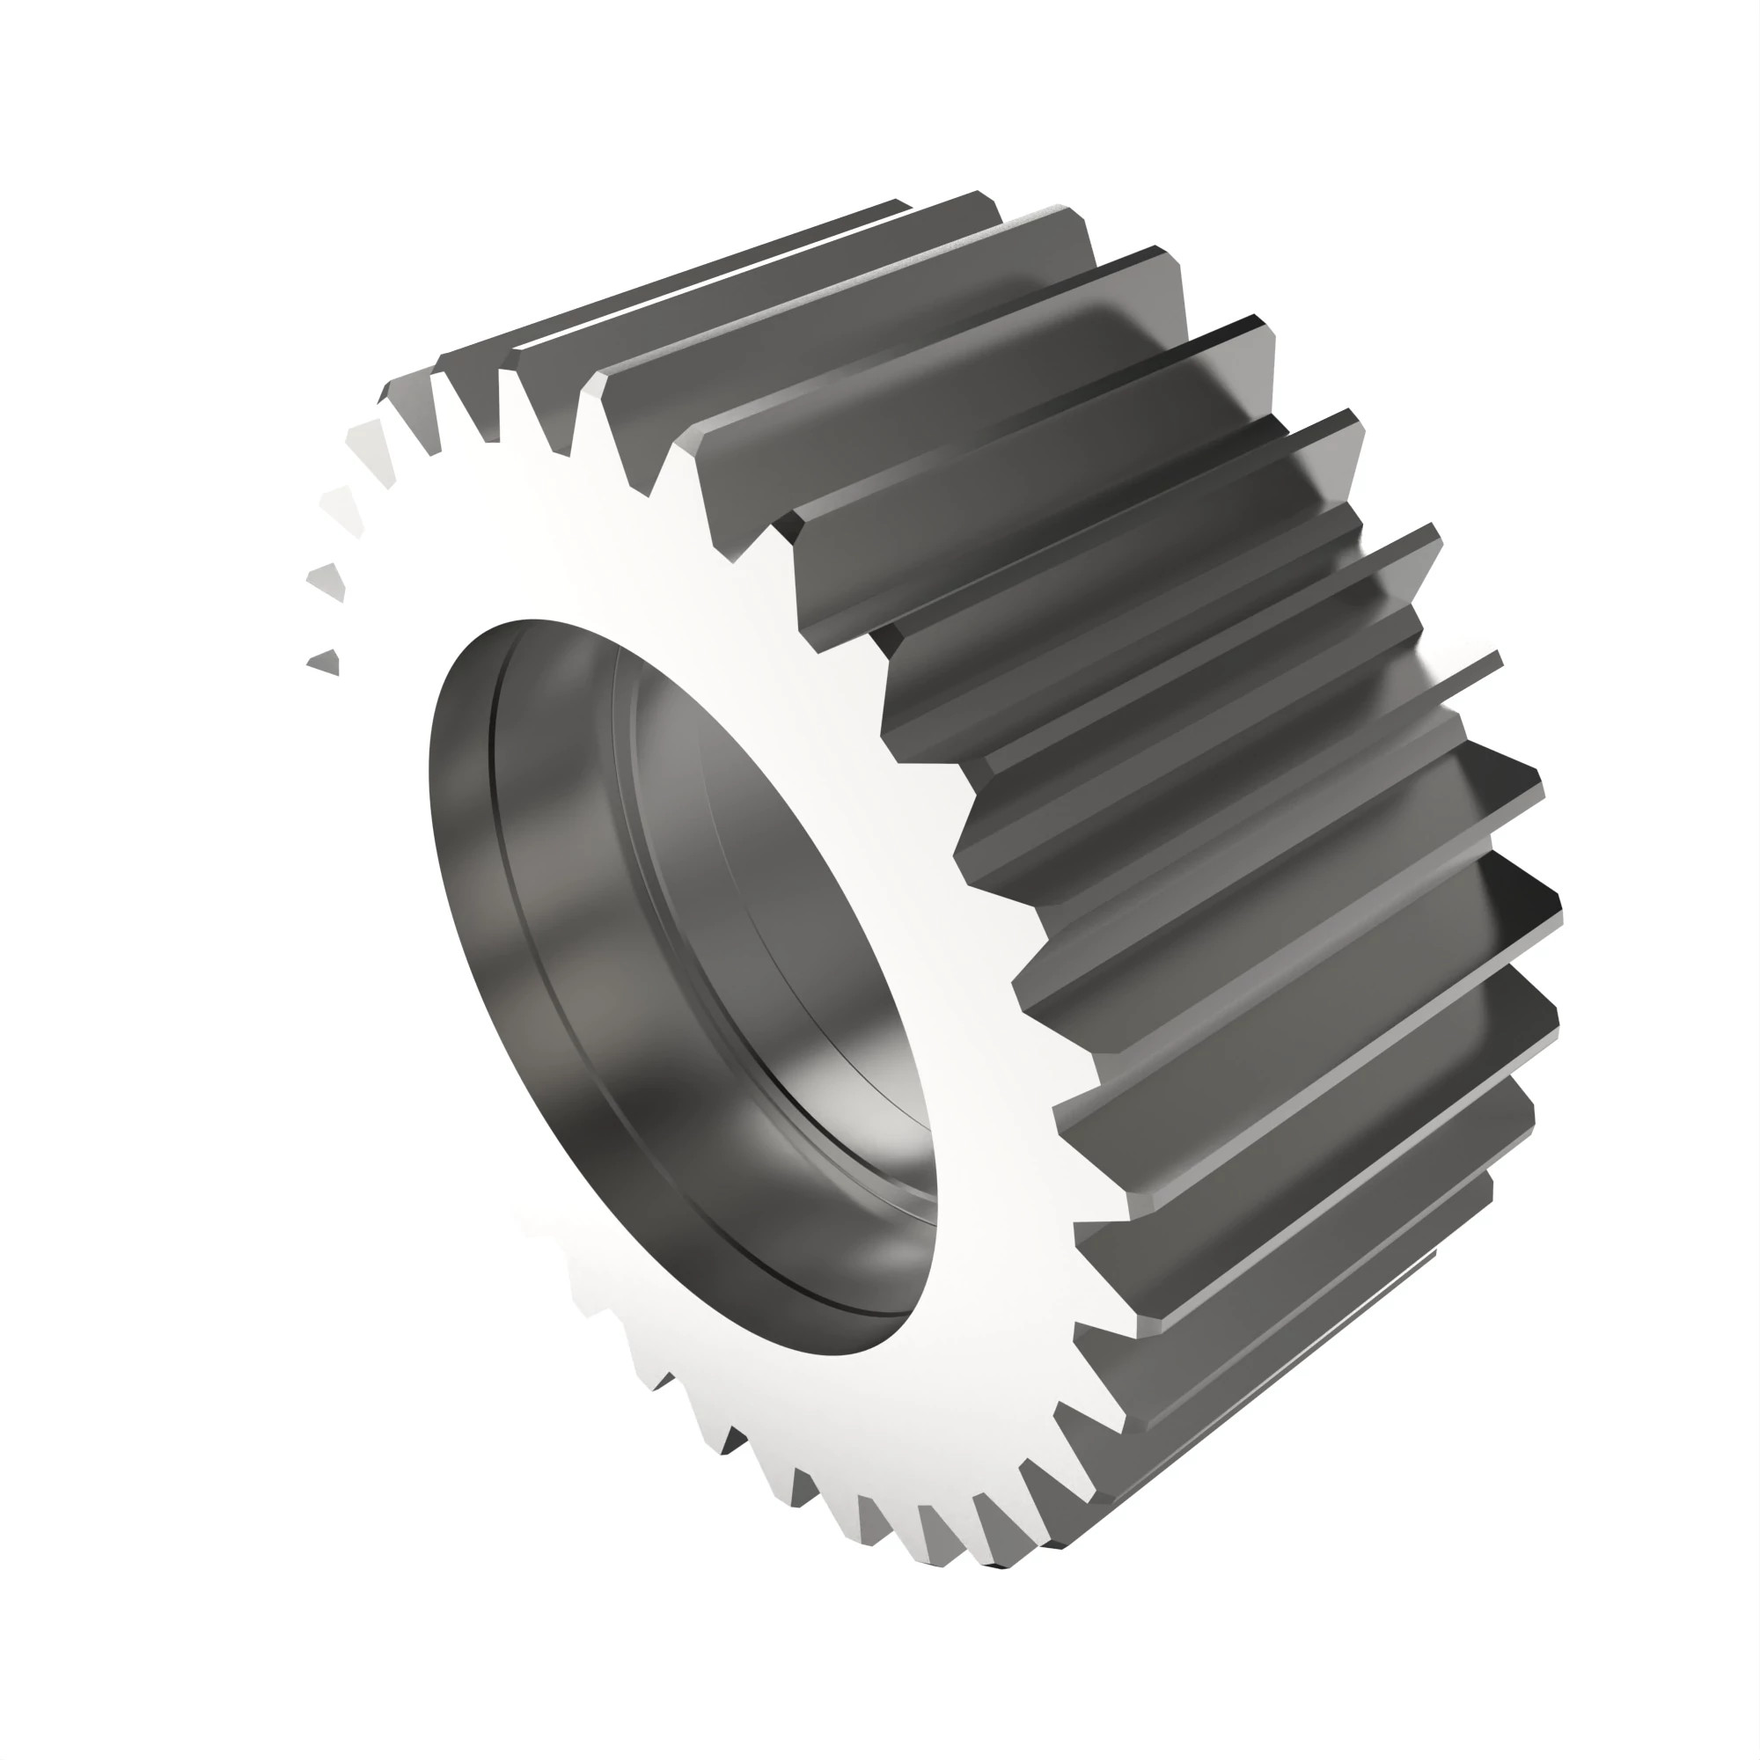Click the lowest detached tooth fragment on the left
pyautogui.click(x=326, y=663)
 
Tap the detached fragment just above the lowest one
pyautogui.click(x=329, y=582)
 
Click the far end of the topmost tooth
pyautogui.click(x=902, y=204)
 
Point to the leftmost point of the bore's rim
pyautogui.click(x=429, y=774)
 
